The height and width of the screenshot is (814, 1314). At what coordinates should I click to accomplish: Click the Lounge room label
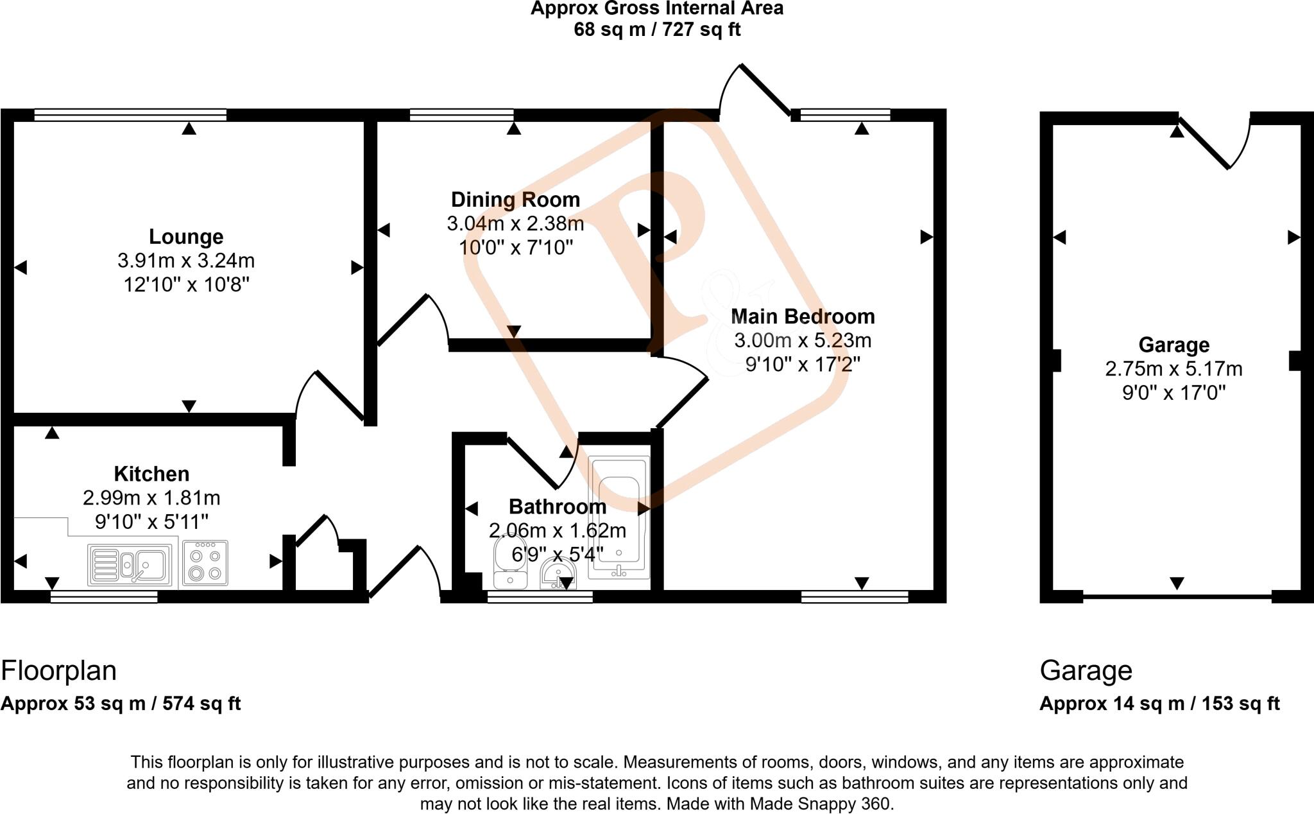coord(186,237)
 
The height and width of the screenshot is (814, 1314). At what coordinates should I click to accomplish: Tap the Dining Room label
coord(515,200)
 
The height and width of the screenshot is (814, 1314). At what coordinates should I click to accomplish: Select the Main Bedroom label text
coord(802,316)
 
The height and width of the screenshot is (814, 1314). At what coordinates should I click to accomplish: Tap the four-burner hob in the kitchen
coord(205,564)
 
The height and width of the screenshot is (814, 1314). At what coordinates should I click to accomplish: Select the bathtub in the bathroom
coord(619,517)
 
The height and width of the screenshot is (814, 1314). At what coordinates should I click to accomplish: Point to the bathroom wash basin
coord(559,573)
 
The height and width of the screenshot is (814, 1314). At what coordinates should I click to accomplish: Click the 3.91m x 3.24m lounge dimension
coord(186,261)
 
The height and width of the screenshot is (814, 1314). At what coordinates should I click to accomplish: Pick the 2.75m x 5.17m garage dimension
coord(1173,369)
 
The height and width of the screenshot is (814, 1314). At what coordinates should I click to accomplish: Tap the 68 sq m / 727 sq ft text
coord(656,30)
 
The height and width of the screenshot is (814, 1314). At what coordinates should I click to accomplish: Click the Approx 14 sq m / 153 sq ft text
coord(1159,704)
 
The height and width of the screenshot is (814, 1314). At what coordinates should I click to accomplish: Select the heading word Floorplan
coord(59,671)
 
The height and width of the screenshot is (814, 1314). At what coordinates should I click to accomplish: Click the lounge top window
coord(130,115)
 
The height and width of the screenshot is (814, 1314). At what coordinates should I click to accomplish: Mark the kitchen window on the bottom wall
coord(104,597)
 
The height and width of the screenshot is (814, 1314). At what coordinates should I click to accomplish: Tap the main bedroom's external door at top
coord(764,90)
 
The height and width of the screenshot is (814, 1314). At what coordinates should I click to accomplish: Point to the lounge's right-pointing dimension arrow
coord(357,268)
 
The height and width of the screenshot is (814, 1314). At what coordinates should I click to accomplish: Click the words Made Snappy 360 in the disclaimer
coord(822,804)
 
